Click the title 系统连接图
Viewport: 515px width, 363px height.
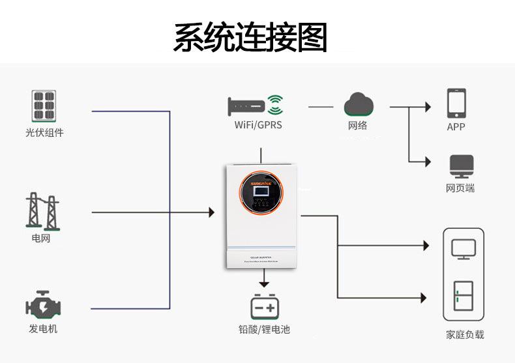[250, 37]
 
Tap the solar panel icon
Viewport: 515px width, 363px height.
[44, 106]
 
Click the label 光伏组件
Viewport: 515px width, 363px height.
[44, 133]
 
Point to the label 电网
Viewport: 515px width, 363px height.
[41, 239]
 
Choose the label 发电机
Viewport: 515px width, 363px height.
[43, 328]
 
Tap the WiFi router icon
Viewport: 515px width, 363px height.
[256, 105]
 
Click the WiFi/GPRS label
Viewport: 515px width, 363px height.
[259, 124]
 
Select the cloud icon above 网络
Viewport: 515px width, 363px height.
[359, 104]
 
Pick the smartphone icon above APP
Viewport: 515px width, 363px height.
[456, 103]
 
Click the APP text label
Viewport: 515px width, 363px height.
[456, 127]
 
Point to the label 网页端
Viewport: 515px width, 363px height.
[460, 188]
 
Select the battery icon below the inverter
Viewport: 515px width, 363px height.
[264, 306]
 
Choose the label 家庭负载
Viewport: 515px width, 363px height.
[465, 334]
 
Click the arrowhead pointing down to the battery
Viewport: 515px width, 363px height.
[264, 283]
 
